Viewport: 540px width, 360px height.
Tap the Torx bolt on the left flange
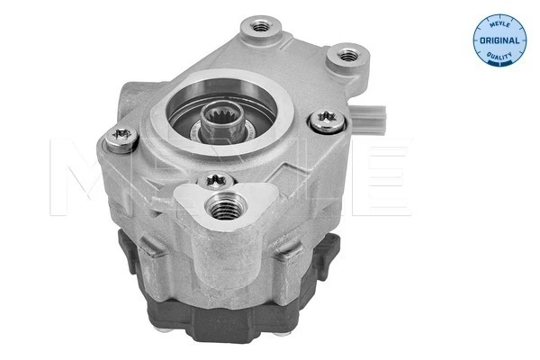point(120,138)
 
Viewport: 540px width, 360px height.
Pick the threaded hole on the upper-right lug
point(345,56)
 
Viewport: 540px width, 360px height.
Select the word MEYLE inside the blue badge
point(496,24)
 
